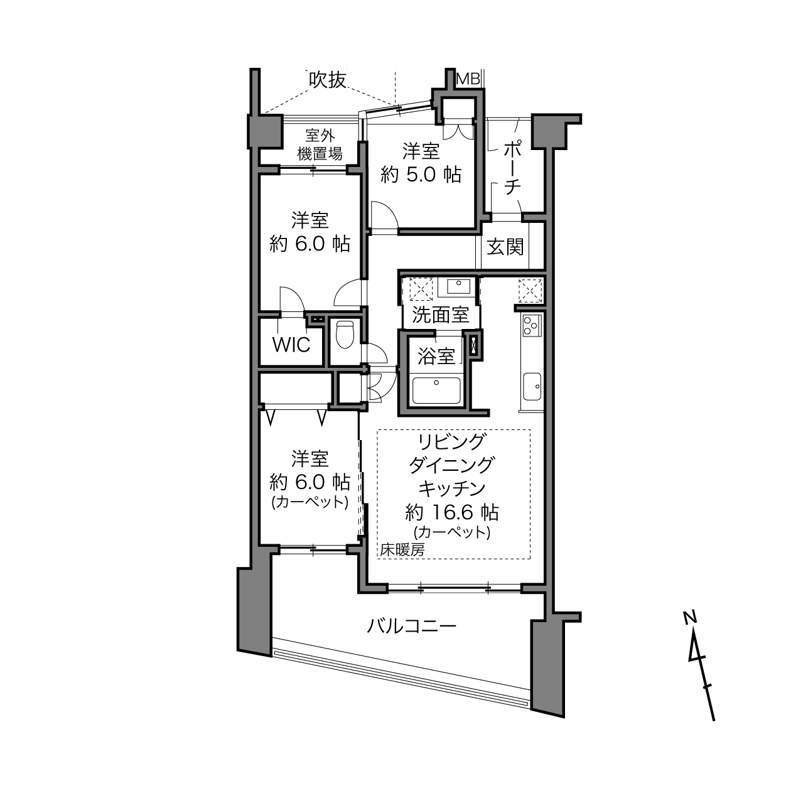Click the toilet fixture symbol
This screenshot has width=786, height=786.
345,334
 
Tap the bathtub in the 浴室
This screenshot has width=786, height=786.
436,390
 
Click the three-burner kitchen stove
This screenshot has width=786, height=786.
531,325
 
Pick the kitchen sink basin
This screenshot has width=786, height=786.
532,386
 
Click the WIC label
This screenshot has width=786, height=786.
291,345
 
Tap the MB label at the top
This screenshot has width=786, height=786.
468,78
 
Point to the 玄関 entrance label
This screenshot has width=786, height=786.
505,247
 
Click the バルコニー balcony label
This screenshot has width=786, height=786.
411,625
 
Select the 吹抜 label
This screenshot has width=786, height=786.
327,80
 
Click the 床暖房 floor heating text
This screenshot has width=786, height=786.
402,550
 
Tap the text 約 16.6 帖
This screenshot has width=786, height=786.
451,513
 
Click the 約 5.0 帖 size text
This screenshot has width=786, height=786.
421,175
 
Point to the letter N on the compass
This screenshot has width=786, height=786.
690,617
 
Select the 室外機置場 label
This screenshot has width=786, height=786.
320,144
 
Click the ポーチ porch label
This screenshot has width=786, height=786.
513,168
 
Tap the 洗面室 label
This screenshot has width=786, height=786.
440,315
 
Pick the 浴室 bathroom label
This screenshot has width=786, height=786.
436,356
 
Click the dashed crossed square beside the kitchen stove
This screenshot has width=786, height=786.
530,291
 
